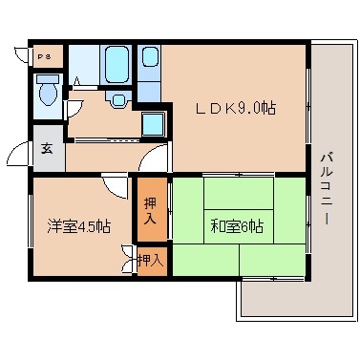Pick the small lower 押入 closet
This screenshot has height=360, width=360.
(150, 259)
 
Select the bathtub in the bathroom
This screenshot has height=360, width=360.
(117, 65)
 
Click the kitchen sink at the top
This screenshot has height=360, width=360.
(151, 59)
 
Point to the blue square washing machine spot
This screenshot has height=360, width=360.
(151, 122)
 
